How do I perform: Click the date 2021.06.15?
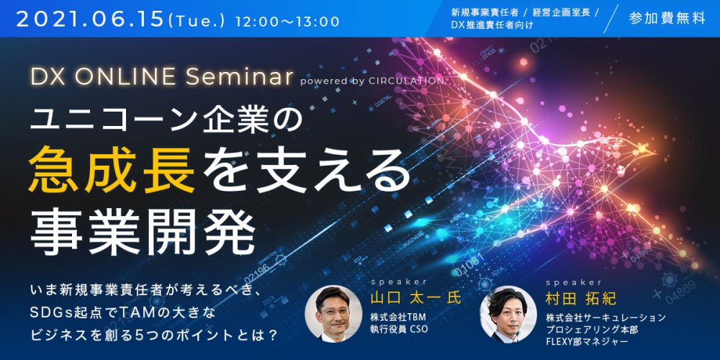[x=91, y=21]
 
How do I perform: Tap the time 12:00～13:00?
[x=287, y=22]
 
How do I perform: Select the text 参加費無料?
[x=667, y=19]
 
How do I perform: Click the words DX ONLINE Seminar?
[x=161, y=77]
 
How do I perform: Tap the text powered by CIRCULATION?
[x=372, y=81]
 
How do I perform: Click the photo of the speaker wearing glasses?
[x=333, y=314]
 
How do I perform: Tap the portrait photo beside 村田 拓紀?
[x=508, y=314]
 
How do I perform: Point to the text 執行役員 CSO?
[x=399, y=328]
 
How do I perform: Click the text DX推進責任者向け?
[x=492, y=26]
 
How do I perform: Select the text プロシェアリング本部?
[x=586, y=330]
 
